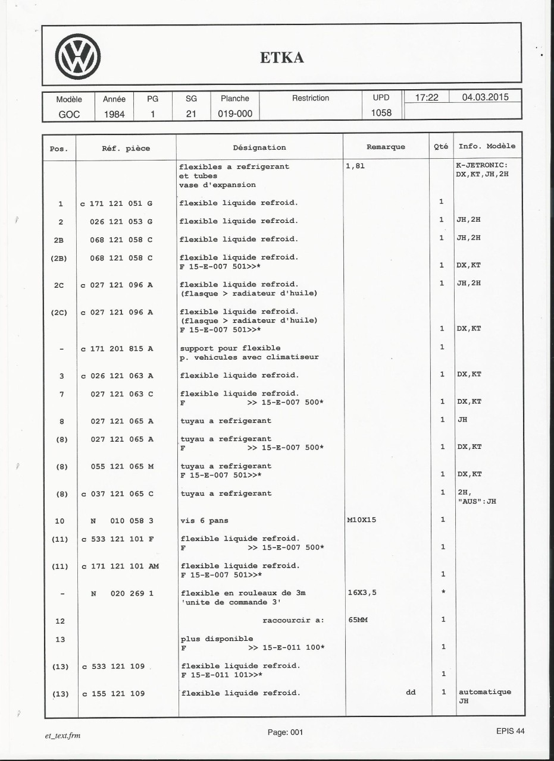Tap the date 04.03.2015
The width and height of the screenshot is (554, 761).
click(x=484, y=98)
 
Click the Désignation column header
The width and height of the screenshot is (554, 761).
click(x=259, y=147)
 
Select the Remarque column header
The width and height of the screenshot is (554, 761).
click(x=386, y=147)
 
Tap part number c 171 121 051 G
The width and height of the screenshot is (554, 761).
click(x=117, y=203)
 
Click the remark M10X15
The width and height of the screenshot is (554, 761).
click(x=362, y=520)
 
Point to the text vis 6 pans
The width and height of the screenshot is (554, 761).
click(x=200, y=521)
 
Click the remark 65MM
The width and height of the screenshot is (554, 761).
click(x=356, y=620)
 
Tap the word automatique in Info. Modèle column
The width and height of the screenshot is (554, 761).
click(x=484, y=692)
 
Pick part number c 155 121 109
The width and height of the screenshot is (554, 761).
click(x=112, y=693)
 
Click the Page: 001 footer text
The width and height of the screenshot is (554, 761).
click(x=285, y=732)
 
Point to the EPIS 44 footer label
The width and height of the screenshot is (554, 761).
click(x=510, y=731)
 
